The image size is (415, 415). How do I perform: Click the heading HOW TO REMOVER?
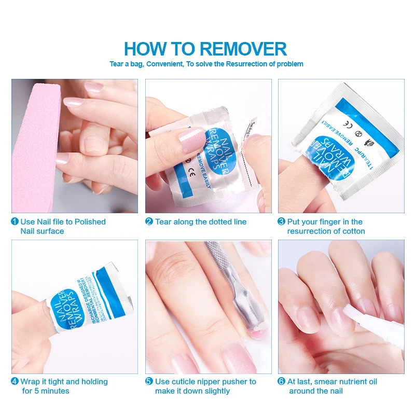click(205, 49)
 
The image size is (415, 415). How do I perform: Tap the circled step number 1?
click(15, 222)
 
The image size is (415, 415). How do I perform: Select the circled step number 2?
click(149, 222)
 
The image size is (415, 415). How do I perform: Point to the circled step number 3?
click(282, 222)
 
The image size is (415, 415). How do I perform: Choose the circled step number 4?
click(15, 381)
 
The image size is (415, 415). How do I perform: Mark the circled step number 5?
click(149, 381)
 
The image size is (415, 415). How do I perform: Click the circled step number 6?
click(282, 381)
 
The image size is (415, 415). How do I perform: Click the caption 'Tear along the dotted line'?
click(201, 222)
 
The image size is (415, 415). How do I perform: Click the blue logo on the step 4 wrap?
click(62, 306)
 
